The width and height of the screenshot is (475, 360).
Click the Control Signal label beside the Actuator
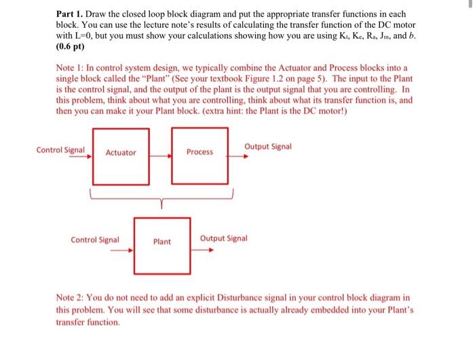60,149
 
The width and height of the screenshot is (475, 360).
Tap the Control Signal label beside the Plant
95,239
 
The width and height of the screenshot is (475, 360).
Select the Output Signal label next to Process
268,146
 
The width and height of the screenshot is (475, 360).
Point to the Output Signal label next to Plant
224,238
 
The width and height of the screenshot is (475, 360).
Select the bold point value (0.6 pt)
71,48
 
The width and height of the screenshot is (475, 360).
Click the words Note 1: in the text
70,69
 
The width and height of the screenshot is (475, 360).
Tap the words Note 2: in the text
70,298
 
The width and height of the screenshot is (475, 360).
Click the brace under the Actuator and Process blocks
161,198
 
